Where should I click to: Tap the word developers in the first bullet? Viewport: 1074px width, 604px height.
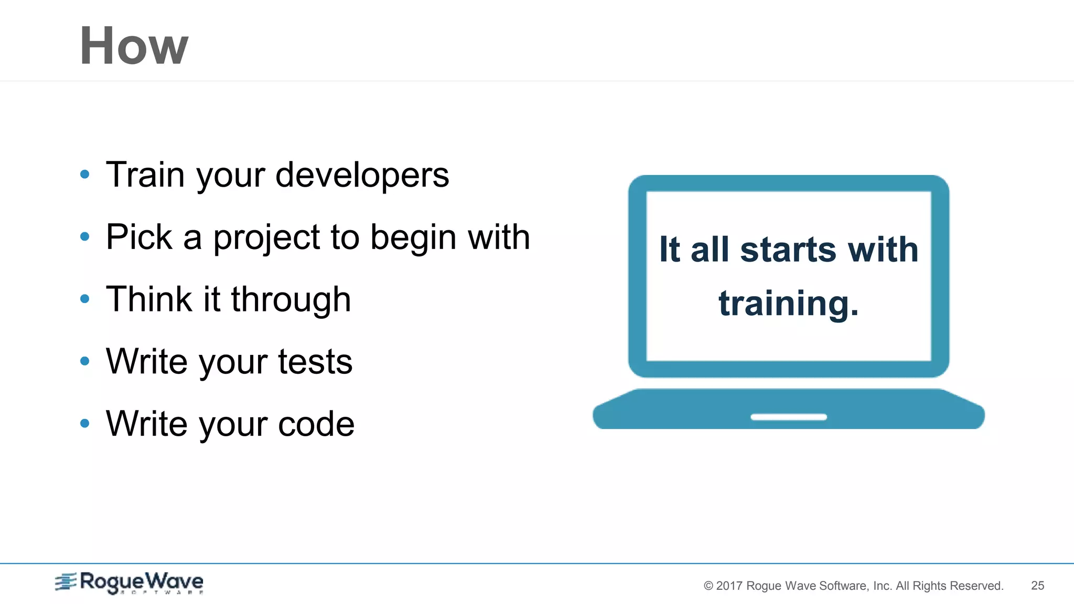tap(362, 175)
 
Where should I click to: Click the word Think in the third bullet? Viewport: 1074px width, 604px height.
tap(149, 299)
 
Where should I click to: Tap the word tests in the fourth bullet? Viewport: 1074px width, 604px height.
tap(315, 362)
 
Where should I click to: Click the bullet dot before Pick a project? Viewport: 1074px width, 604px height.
tap(85, 237)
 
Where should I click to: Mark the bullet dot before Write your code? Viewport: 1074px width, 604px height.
tap(85, 423)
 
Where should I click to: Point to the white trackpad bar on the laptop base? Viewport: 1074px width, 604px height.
tap(788, 417)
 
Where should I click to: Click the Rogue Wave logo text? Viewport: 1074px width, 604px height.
tap(141, 581)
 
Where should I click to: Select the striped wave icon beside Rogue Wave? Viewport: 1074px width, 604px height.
tap(66, 581)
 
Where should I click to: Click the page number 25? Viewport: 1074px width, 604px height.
tap(1037, 586)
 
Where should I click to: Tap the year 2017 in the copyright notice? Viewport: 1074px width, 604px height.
tap(729, 586)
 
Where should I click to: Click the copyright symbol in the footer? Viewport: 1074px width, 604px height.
tap(708, 586)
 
